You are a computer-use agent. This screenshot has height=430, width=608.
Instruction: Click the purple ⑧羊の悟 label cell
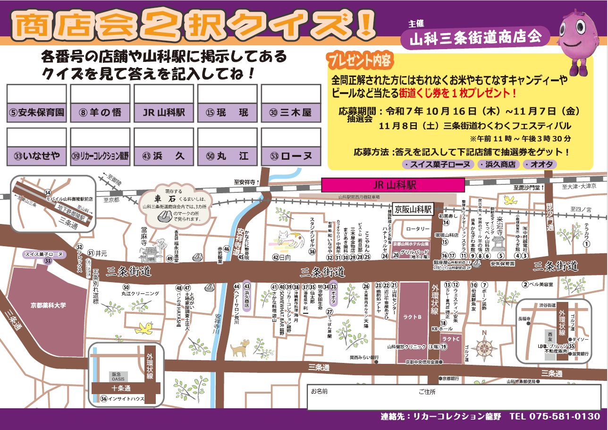click(100, 113)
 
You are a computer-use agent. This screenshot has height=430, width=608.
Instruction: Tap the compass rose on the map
click(484, 349)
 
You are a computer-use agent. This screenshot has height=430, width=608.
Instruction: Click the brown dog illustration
click(239, 349)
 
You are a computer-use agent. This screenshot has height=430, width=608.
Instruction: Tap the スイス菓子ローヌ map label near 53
click(43, 254)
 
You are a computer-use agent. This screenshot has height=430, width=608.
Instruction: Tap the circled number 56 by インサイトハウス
click(104, 399)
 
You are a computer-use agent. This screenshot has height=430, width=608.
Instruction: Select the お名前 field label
click(319, 392)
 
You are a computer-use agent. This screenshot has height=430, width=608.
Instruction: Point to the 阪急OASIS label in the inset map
click(118, 376)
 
